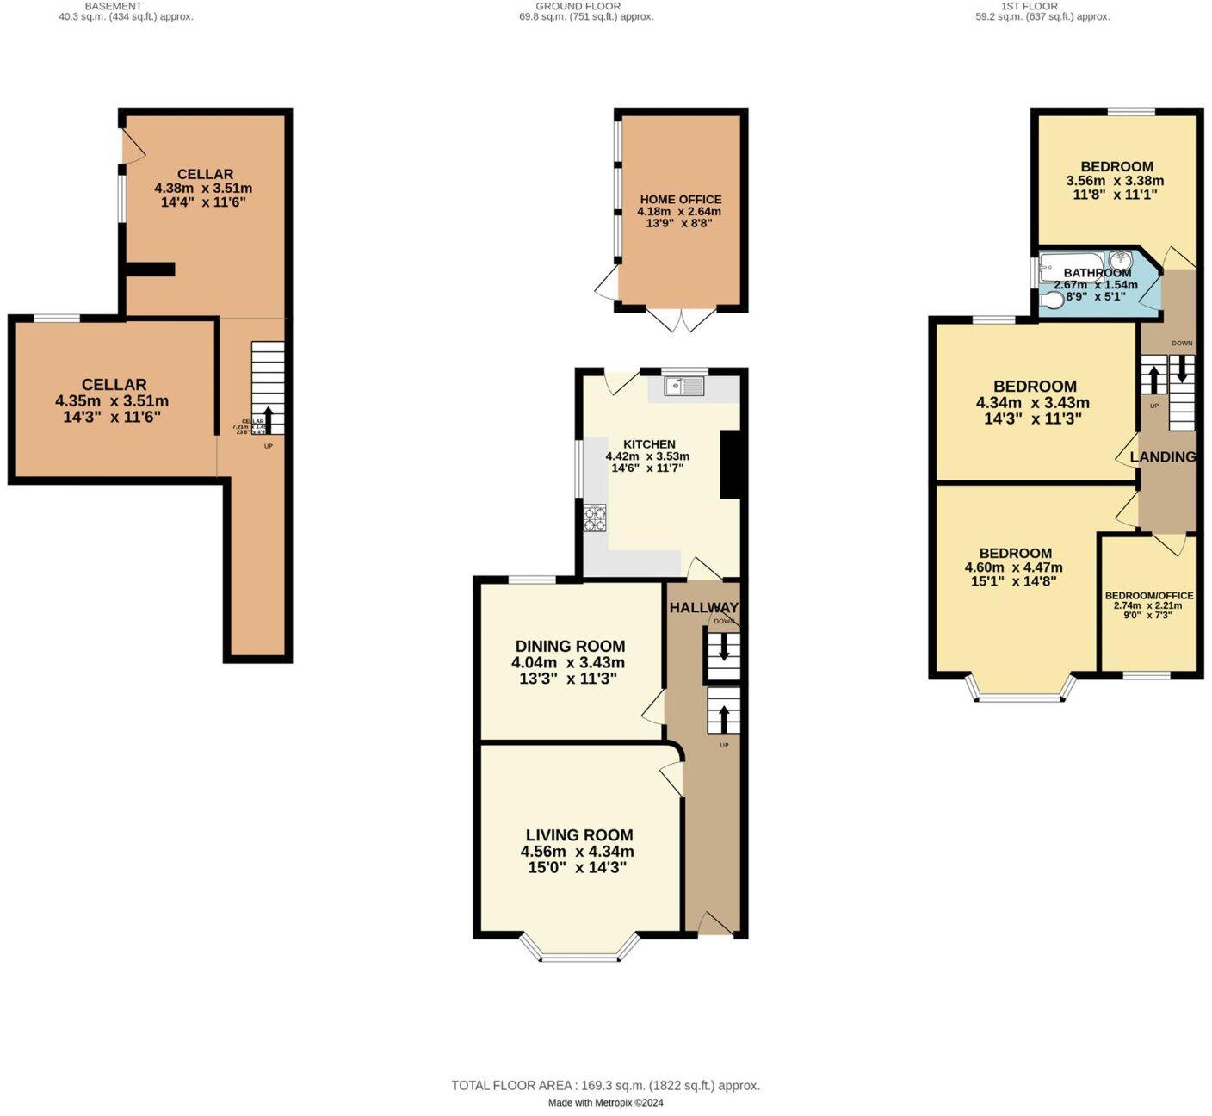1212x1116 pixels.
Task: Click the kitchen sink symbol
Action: coord(684,387)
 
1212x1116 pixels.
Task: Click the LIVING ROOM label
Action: coord(579,835)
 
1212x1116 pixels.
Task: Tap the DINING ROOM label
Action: coord(570,647)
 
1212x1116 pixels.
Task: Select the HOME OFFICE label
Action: coord(680,200)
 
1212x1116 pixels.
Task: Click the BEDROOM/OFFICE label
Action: coord(1149,596)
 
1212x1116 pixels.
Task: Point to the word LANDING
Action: coord(1162,457)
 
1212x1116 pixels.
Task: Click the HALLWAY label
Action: coord(703,608)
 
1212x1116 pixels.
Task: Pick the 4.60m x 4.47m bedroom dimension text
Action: coord(1014,567)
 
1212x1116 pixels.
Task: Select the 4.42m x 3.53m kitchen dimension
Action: coord(647,456)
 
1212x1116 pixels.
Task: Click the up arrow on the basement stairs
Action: coord(268,419)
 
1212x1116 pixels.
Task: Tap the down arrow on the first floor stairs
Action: coord(1182,369)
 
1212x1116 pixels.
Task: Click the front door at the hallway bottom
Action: coord(716,925)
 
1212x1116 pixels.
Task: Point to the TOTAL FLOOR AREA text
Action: coord(605,1086)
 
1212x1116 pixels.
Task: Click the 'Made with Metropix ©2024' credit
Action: coord(605,1103)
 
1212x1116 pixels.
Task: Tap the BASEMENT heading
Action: coord(113,6)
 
